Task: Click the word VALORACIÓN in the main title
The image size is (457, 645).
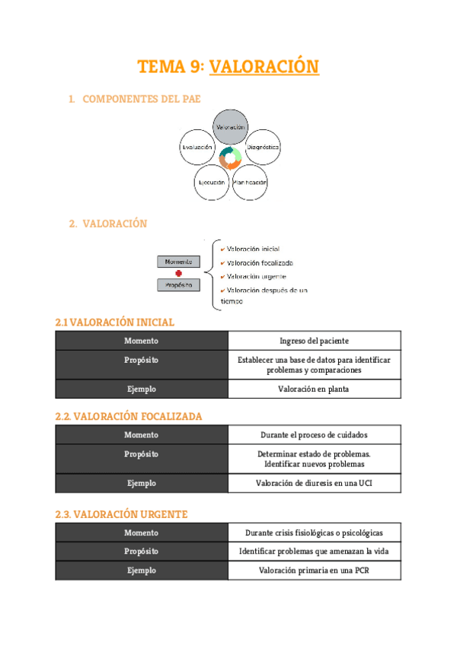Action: click(264, 67)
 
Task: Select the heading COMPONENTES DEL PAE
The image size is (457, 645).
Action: click(141, 99)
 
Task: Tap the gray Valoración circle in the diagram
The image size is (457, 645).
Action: click(230, 127)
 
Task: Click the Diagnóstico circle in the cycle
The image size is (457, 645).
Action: click(262, 146)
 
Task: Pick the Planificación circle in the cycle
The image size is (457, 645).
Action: click(250, 183)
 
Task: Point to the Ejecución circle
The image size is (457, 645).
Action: click(211, 183)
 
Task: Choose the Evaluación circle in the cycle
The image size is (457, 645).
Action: click(197, 146)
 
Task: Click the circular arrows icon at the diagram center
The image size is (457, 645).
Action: click(230, 158)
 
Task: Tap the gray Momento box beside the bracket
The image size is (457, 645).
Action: click(178, 262)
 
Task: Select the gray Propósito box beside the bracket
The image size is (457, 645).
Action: click(178, 285)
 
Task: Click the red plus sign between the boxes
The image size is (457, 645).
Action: click(178, 273)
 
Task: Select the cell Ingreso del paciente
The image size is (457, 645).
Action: click(314, 341)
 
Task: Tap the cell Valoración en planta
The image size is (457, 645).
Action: click(314, 389)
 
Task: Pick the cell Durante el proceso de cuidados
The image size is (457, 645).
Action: click(314, 435)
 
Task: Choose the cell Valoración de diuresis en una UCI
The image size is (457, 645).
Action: click(314, 483)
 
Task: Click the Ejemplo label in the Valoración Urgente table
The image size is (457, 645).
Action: click(142, 570)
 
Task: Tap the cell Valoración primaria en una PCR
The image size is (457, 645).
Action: click(314, 570)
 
